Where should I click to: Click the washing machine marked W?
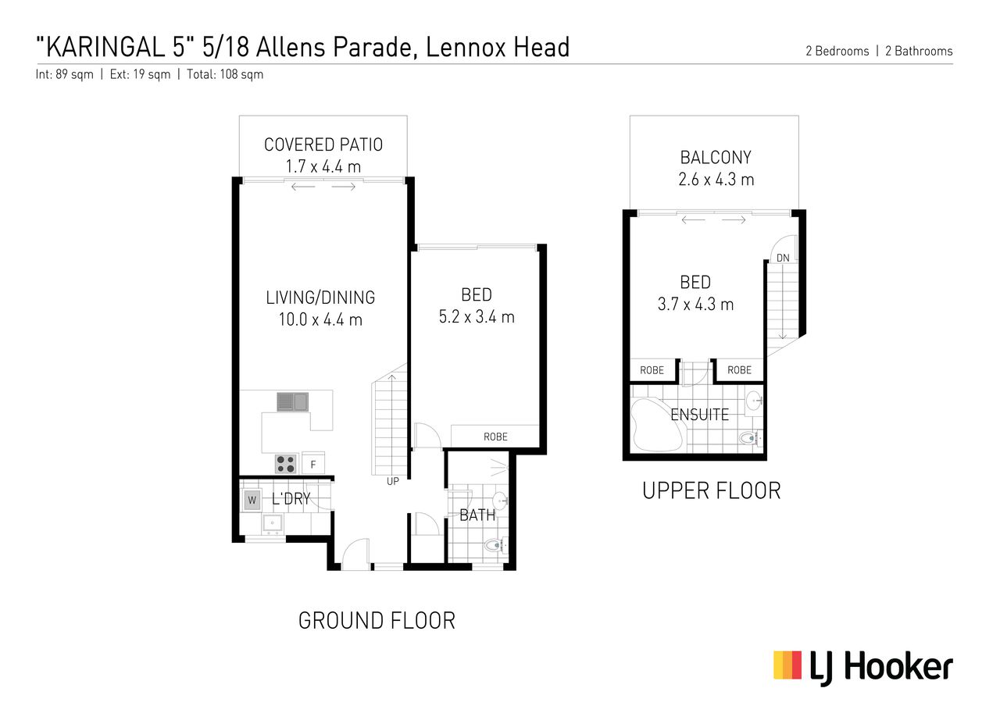[252, 500]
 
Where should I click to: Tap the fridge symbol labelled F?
[313, 464]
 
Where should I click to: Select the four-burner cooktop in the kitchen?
[285, 464]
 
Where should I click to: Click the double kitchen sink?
[292, 401]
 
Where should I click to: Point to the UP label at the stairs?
[393, 482]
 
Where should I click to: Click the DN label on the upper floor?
[783, 258]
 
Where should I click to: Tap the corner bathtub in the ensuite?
[657, 425]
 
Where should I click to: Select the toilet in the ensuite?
[751, 438]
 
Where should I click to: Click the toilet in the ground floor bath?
[495, 545]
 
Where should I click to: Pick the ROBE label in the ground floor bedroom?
[495, 437]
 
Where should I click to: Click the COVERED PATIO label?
[323, 144]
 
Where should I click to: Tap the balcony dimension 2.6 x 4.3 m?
[716, 180]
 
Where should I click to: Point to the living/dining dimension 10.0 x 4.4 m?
[320, 319]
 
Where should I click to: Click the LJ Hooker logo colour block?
[787, 665]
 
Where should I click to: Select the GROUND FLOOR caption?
[377, 621]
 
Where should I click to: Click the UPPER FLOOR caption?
[712, 491]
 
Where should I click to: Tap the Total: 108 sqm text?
[225, 74]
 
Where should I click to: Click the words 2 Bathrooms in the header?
[919, 51]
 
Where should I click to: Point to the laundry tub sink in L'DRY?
[273, 523]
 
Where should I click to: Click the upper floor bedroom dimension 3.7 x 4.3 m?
[695, 305]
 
